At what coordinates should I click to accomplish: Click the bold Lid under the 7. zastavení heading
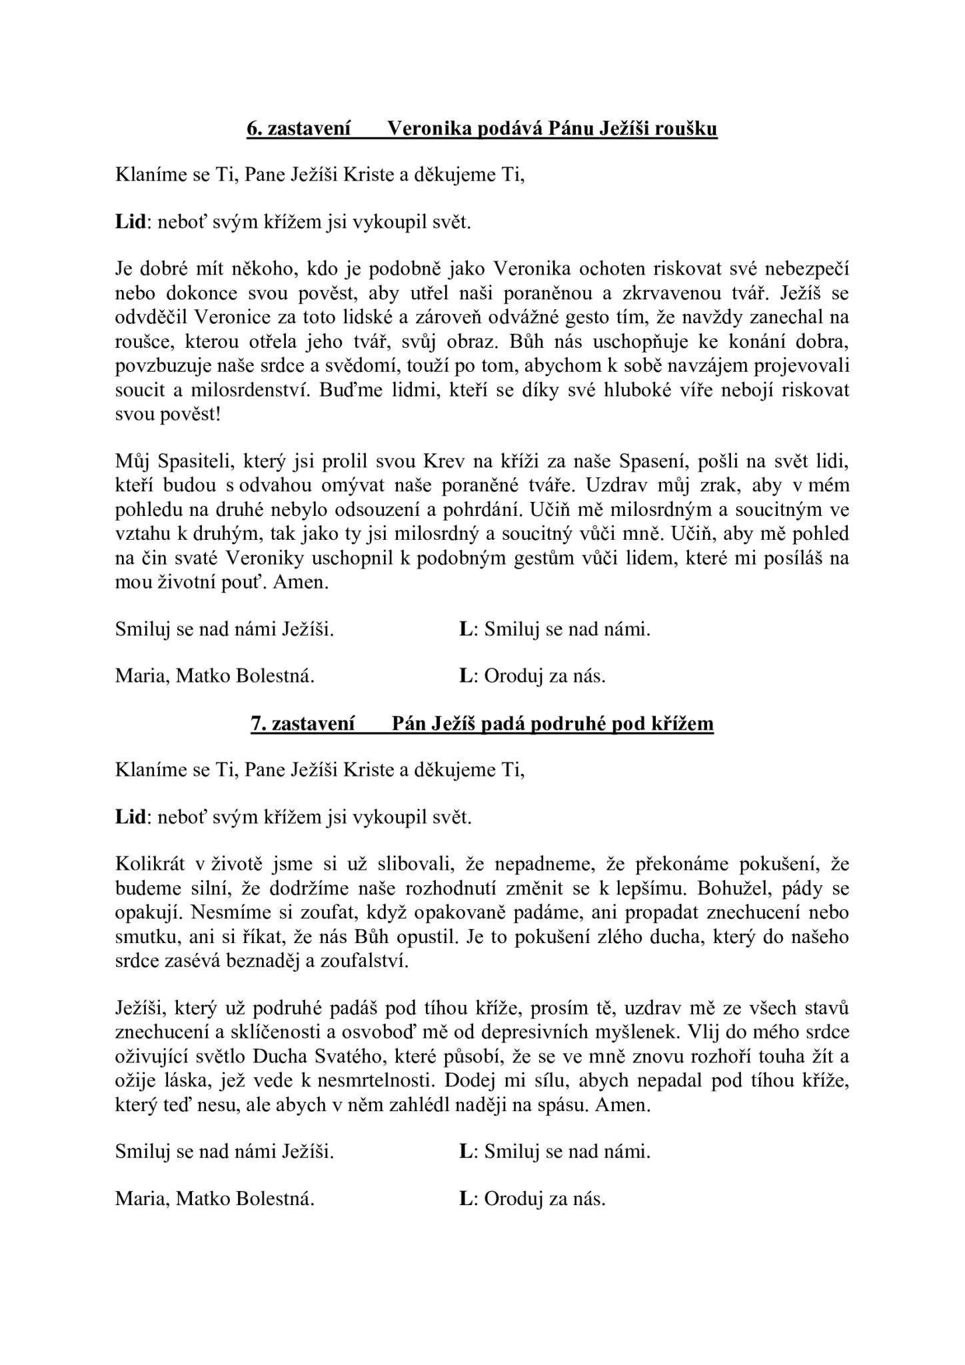click(x=130, y=817)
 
